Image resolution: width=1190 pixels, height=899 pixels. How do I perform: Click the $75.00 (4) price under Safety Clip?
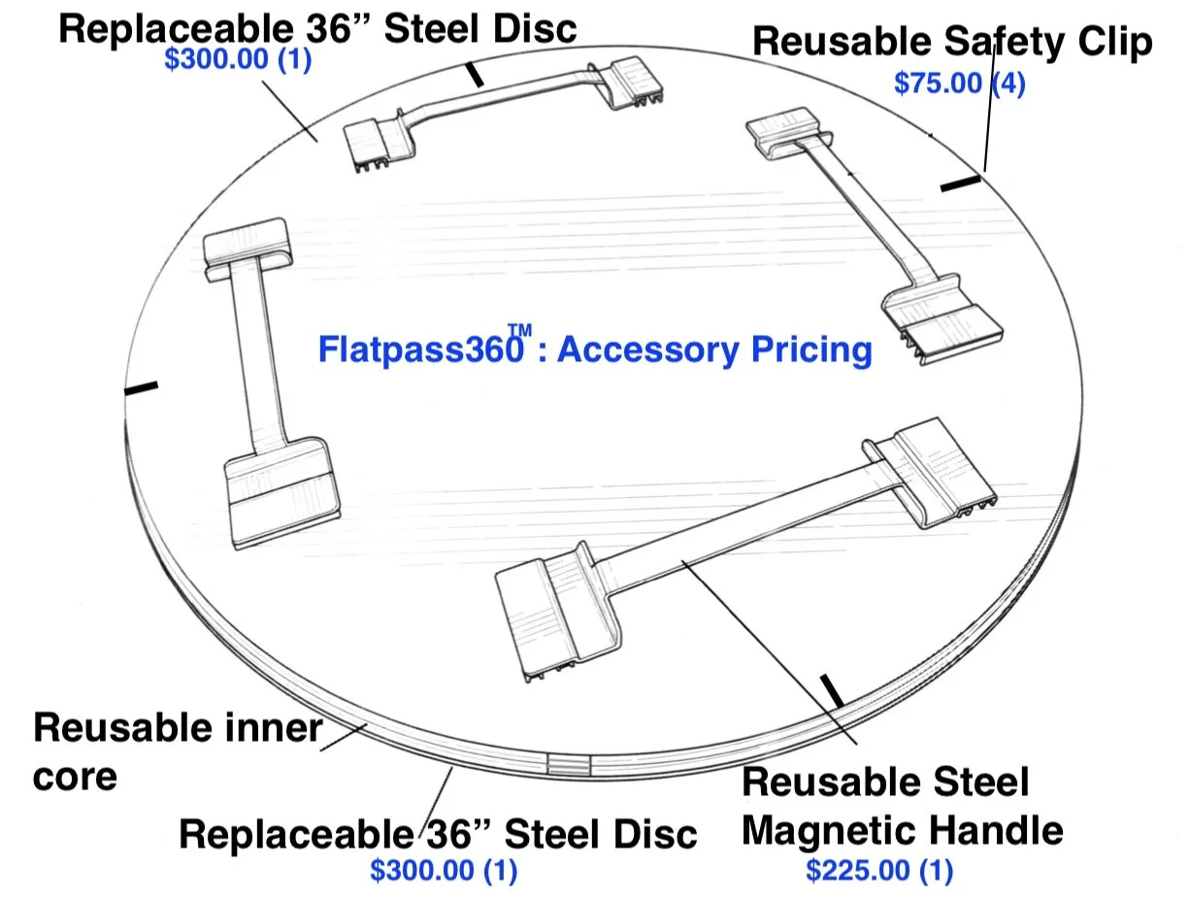[x=959, y=83]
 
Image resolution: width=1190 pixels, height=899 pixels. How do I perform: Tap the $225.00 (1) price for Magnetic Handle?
[x=878, y=871]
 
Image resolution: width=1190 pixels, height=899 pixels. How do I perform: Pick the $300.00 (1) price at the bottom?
[x=443, y=870]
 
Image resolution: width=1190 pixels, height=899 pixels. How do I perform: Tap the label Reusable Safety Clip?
[x=952, y=42]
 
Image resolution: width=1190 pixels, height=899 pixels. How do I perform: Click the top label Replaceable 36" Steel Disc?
[x=317, y=27]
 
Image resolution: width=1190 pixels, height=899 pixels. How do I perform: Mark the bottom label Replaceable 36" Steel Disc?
[x=438, y=834]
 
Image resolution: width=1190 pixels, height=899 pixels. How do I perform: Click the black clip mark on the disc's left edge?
[x=141, y=388]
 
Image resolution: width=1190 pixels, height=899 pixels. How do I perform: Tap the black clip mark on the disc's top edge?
[x=475, y=75]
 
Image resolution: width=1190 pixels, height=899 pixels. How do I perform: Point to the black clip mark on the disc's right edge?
[x=960, y=183]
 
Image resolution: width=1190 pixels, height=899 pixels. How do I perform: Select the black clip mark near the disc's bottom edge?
[x=832, y=690]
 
